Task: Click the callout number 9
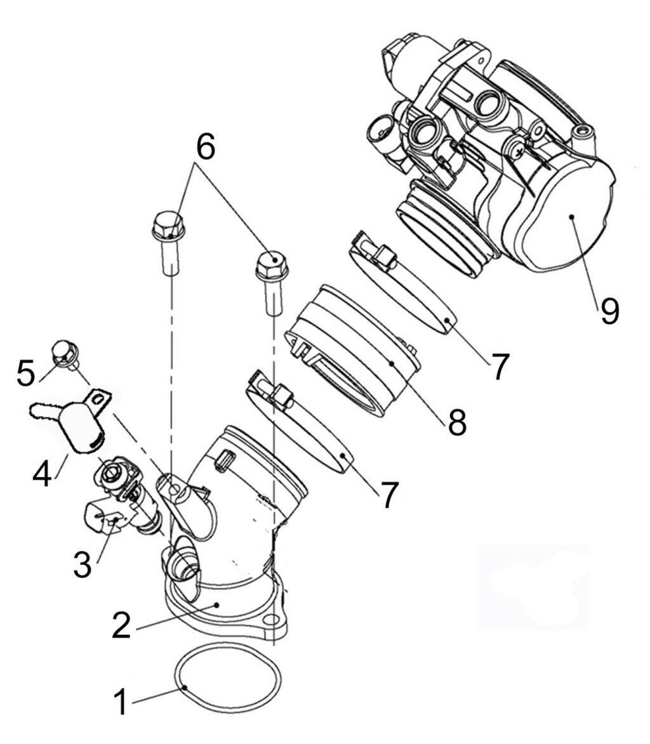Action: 609,311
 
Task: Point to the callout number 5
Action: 25,372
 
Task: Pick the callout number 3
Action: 82,564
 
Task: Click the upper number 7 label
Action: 498,367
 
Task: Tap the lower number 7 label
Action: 388,495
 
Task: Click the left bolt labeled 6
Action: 169,242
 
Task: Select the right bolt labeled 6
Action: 273,282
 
